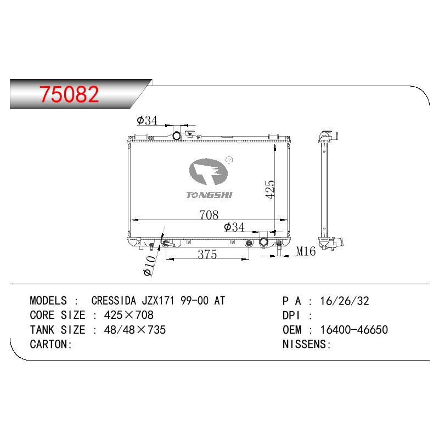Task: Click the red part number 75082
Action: click(69, 94)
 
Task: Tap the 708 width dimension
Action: click(209, 215)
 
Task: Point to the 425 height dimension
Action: click(270, 189)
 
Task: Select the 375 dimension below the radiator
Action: click(207, 254)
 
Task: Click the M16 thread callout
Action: click(306, 251)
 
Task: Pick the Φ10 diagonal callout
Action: click(150, 266)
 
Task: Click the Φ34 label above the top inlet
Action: click(147, 120)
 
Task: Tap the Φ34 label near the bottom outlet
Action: click(234, 227)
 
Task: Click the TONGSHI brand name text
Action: click(210, 195)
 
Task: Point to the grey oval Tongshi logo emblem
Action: click(208, 171)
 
